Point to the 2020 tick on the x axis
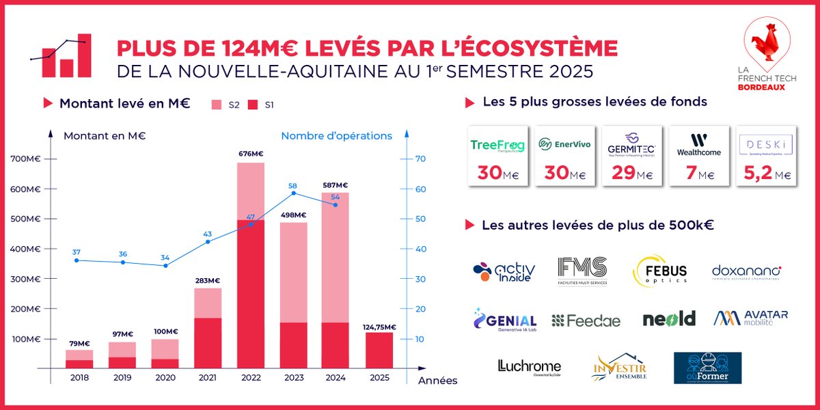point(165,377)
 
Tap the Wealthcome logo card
point(698,156)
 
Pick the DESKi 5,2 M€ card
point(766,156)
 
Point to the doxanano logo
point(746,272)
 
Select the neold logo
point(668,318)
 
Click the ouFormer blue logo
point(707,368)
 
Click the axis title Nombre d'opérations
point(336,136)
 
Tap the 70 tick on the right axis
point(422,159)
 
